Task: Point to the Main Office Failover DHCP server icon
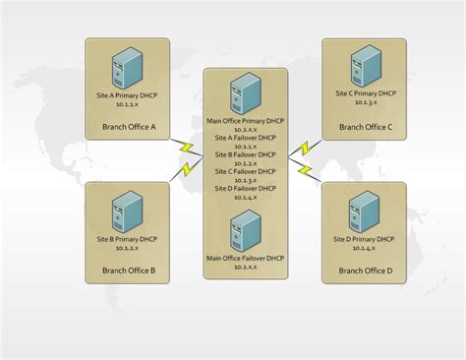click(x=245, y=231)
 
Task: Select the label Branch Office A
click(x=128, y=127)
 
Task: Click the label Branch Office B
click(x=128, y=270)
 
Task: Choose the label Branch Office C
click(x=365, y=127)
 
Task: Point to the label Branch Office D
click(x=365, y=270)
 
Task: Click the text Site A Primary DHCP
click(x=128, y=94)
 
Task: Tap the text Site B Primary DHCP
click(x=128, y=239)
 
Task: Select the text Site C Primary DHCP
click(x=365, y=94)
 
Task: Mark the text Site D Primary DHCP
click(x=365, y=239)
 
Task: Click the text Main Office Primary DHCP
click(x=246, y=121)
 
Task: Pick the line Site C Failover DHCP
click(x=246, y=171)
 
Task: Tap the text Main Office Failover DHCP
click(x=246, y=258)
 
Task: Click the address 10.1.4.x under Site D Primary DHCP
click(x=365, y=248)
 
